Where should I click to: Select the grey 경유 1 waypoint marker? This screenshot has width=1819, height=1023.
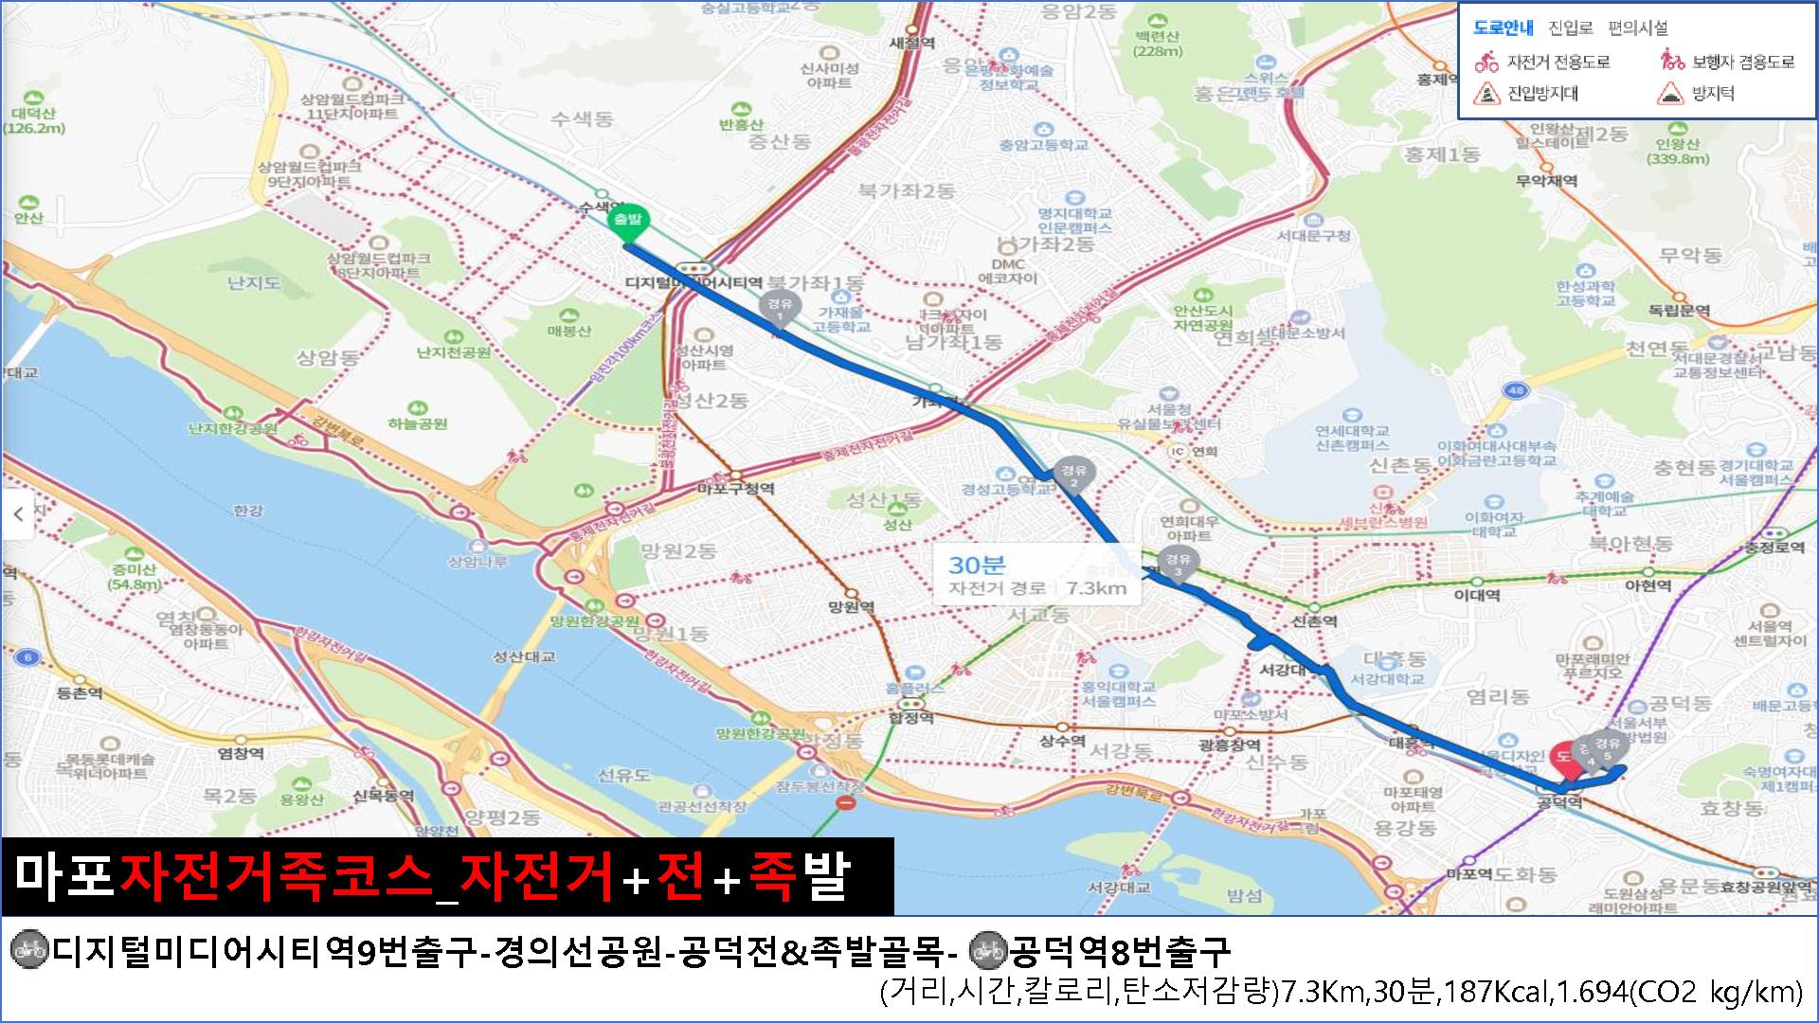tap(780, 307)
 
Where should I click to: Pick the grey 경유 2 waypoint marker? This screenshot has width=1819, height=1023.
tap(1073, 474)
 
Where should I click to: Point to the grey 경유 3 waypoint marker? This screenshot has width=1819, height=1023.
tap(1178, 562)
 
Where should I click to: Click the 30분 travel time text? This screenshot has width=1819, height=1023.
tap(977, 565)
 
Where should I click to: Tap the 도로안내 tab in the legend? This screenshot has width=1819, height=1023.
tap(1503, 28)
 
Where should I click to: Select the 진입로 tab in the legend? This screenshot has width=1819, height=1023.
tap(1571, 28)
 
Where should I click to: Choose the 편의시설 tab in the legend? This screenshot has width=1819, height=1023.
tap(1637, 28)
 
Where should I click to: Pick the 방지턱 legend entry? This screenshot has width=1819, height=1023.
tap(1712, 94)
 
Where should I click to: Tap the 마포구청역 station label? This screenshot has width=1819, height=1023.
tap(735, 489)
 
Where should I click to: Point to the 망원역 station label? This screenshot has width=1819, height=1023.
tap(851, 607)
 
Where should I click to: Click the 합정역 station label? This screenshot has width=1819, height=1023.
tap(911, 718)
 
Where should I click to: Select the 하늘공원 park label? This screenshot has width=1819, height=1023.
tap(418, 423)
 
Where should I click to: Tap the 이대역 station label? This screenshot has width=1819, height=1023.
tap(1477, 595)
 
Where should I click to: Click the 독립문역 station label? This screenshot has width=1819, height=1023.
tap(1679, 311)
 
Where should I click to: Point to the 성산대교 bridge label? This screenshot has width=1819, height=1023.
tap(524, 656)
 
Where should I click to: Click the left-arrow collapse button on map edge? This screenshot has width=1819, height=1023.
tap(18, 514)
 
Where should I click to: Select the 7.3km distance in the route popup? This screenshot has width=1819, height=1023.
tap(1096, 588)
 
